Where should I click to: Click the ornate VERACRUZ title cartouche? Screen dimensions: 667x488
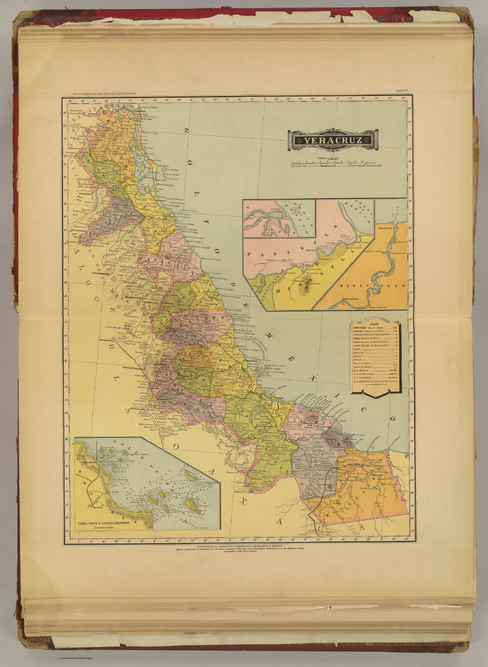coord(332,140)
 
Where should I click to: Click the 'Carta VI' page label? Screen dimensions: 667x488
coord(402,90)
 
